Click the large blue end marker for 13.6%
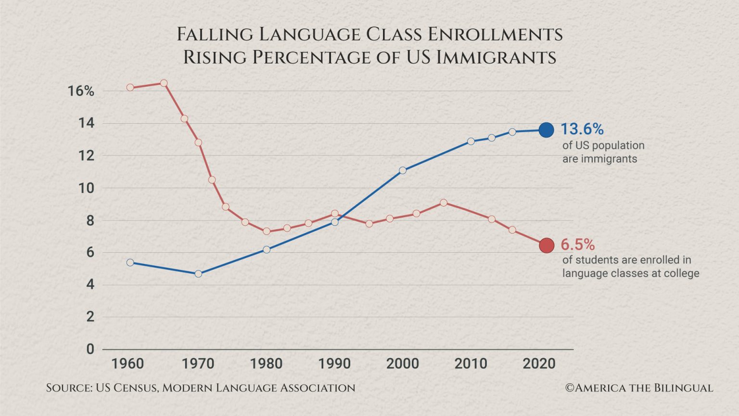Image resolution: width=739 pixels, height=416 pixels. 546,130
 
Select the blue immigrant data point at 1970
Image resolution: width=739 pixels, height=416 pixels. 198,273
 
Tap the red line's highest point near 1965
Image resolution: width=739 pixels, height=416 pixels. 164,83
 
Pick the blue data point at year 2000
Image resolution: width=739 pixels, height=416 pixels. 403,170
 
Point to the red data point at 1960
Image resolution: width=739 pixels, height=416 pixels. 130,88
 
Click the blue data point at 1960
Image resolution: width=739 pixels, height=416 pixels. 130,262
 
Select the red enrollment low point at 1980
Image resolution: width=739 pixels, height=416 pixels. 267,231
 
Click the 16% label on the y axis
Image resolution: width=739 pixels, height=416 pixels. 81,91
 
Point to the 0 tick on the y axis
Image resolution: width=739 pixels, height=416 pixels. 90,349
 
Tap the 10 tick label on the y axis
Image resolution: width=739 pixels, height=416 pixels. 86,188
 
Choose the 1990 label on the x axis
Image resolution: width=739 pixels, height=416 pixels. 334,364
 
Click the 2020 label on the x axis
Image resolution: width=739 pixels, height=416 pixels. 539,364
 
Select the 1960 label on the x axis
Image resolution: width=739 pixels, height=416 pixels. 127,364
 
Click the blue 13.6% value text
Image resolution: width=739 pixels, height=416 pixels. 582,129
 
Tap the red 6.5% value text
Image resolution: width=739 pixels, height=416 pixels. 577,245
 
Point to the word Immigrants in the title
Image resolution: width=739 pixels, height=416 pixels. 496,57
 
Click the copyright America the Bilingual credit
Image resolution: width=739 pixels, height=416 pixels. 639,388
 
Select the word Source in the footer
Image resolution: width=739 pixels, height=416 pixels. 69,388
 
